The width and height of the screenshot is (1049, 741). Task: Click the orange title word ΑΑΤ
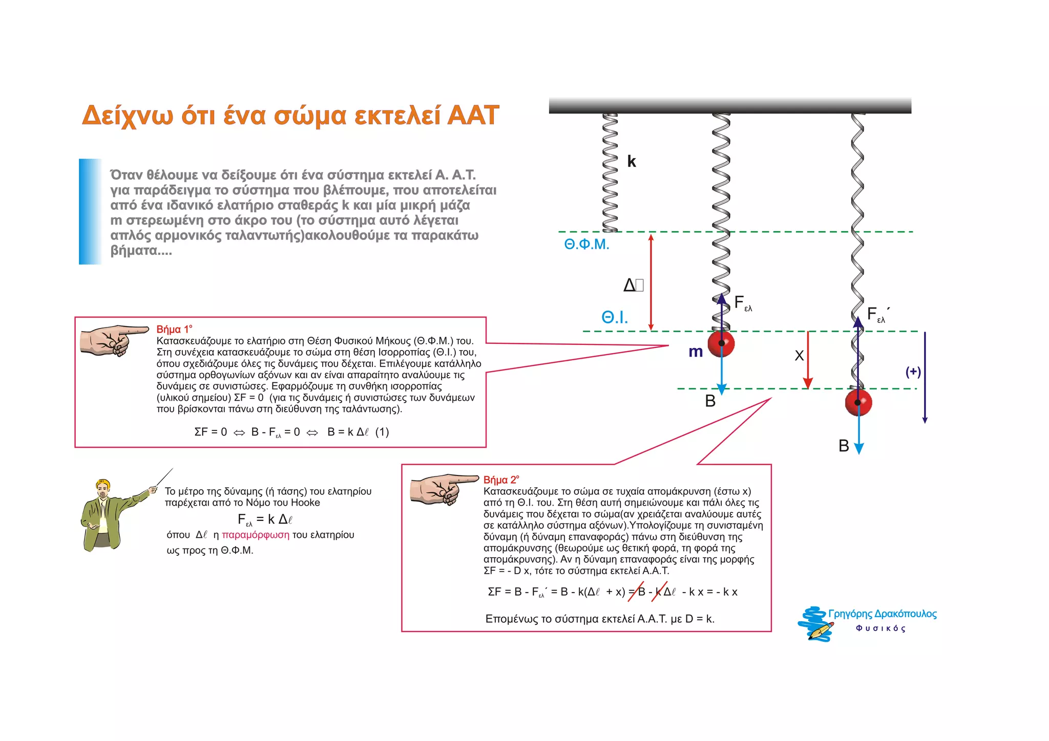(x=472, y=115)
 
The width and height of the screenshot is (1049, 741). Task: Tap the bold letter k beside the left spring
(x=632, y=162)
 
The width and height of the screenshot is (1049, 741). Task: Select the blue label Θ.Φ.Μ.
(x=586, y=245)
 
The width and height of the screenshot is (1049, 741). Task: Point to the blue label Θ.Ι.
(x=614, y=318)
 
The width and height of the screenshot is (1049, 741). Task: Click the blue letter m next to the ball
(x=695, y=352)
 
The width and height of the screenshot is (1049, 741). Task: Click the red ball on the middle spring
(x=721, y=343)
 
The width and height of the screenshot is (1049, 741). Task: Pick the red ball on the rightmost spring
(x=858, y=402)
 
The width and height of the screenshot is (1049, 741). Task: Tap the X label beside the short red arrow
(x=799, y=356)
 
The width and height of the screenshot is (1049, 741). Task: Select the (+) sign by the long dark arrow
(x=913, y=372)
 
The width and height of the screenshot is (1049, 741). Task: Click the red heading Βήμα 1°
(x=174, y=330)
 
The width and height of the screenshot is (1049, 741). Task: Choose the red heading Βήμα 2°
(x=501, y=480)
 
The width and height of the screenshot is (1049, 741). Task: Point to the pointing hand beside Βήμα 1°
(x=114, y=339)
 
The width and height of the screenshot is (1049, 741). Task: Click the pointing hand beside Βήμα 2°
(x=443, y=489)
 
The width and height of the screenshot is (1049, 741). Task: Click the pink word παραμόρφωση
(x=256, y=535)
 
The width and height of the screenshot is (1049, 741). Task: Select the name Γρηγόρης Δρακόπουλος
(x=882, y=614)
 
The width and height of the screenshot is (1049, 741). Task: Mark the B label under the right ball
(x=844, y=446)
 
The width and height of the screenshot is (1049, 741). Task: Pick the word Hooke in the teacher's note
(x=305, y=503)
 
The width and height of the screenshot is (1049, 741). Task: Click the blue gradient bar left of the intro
(x=90, y=212)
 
